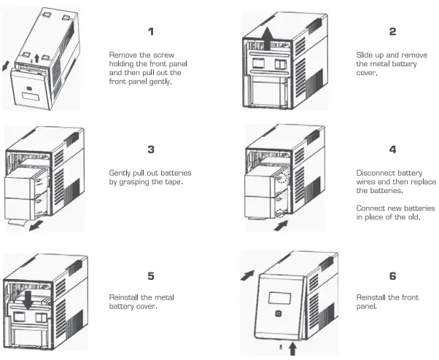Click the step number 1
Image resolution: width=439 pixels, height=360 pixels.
[151, 31]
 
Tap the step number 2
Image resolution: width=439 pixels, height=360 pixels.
[392, 31]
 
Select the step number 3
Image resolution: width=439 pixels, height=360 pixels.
[151, 149]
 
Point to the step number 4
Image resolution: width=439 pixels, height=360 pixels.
[392, 149]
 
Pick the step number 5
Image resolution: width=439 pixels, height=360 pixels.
[151, 276]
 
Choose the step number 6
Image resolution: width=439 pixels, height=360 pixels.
[392, 276]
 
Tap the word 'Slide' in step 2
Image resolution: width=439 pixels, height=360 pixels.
[366, 55]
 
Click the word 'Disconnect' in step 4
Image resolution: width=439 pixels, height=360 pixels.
[374, 173]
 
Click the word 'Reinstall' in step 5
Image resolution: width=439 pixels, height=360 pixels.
[125, 298]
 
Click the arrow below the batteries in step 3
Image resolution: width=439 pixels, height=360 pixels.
[32, 227]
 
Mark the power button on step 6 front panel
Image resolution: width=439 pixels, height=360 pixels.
[279, 315]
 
